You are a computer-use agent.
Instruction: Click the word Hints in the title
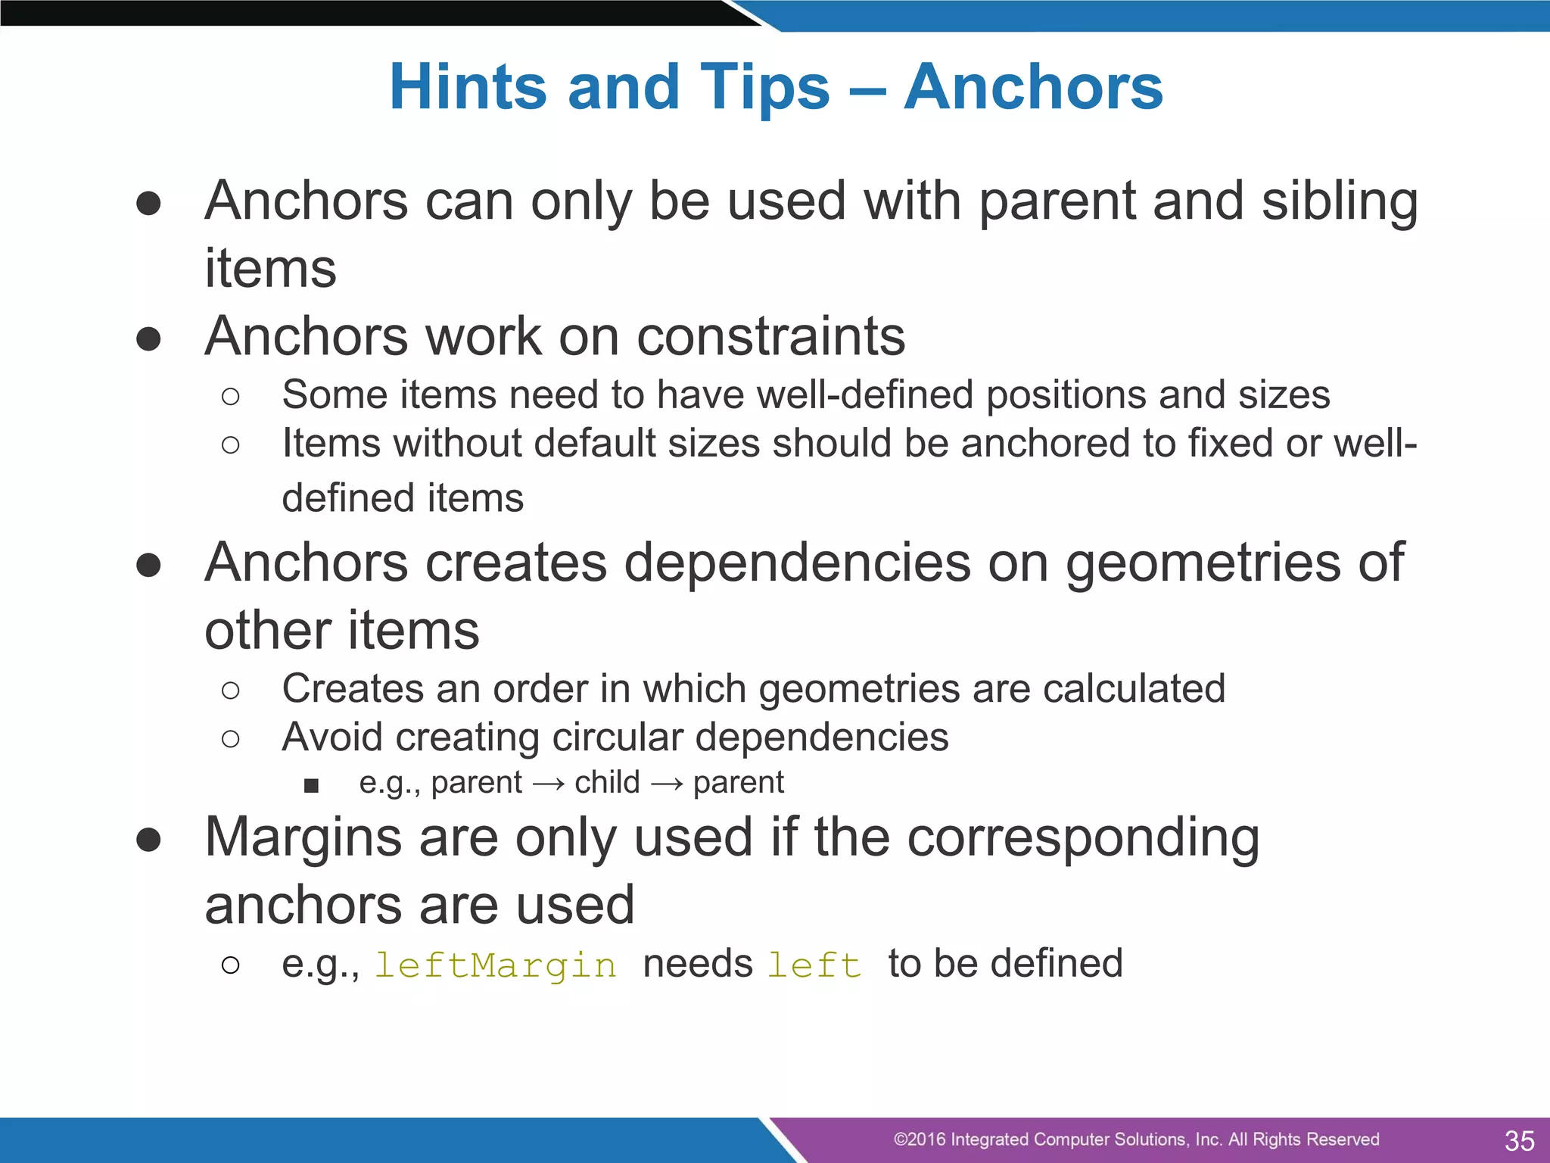point(468,87)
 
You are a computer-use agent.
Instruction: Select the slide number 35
point(1519,1140)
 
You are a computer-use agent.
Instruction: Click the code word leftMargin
point(496,965)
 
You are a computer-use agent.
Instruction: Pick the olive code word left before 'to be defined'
point(814,965)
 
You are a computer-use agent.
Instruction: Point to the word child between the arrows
point(607,782)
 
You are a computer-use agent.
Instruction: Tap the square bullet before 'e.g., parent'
point(311,785)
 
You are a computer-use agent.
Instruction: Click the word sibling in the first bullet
point(1340,201)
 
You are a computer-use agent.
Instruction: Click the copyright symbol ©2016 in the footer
point(919,1140)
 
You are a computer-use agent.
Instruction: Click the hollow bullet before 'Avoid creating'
point(231,738)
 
